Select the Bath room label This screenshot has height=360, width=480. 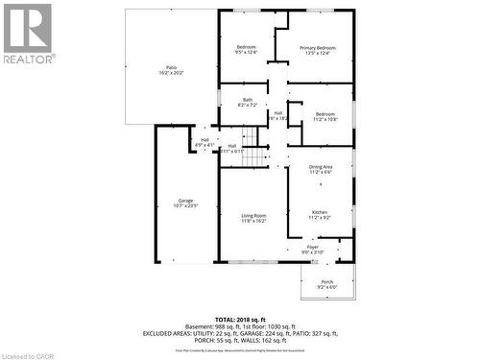[x=247, y=100]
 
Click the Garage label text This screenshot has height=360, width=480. [x=185, y=201]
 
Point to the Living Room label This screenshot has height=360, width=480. [x=253, y=216]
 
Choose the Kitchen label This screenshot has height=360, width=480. [x=320, y=212]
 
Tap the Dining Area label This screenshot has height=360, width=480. [x=321, y=167]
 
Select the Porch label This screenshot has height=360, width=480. [x=326, y=281]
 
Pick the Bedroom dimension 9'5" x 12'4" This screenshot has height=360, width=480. [x=247, y=54]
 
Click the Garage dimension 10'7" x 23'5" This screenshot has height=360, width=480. [x=185, y=206]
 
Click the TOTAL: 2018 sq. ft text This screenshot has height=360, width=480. [x=241, y=318]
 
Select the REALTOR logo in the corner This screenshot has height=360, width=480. [x=28, y=34]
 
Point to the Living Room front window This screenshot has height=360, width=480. [x=255, y=261]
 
